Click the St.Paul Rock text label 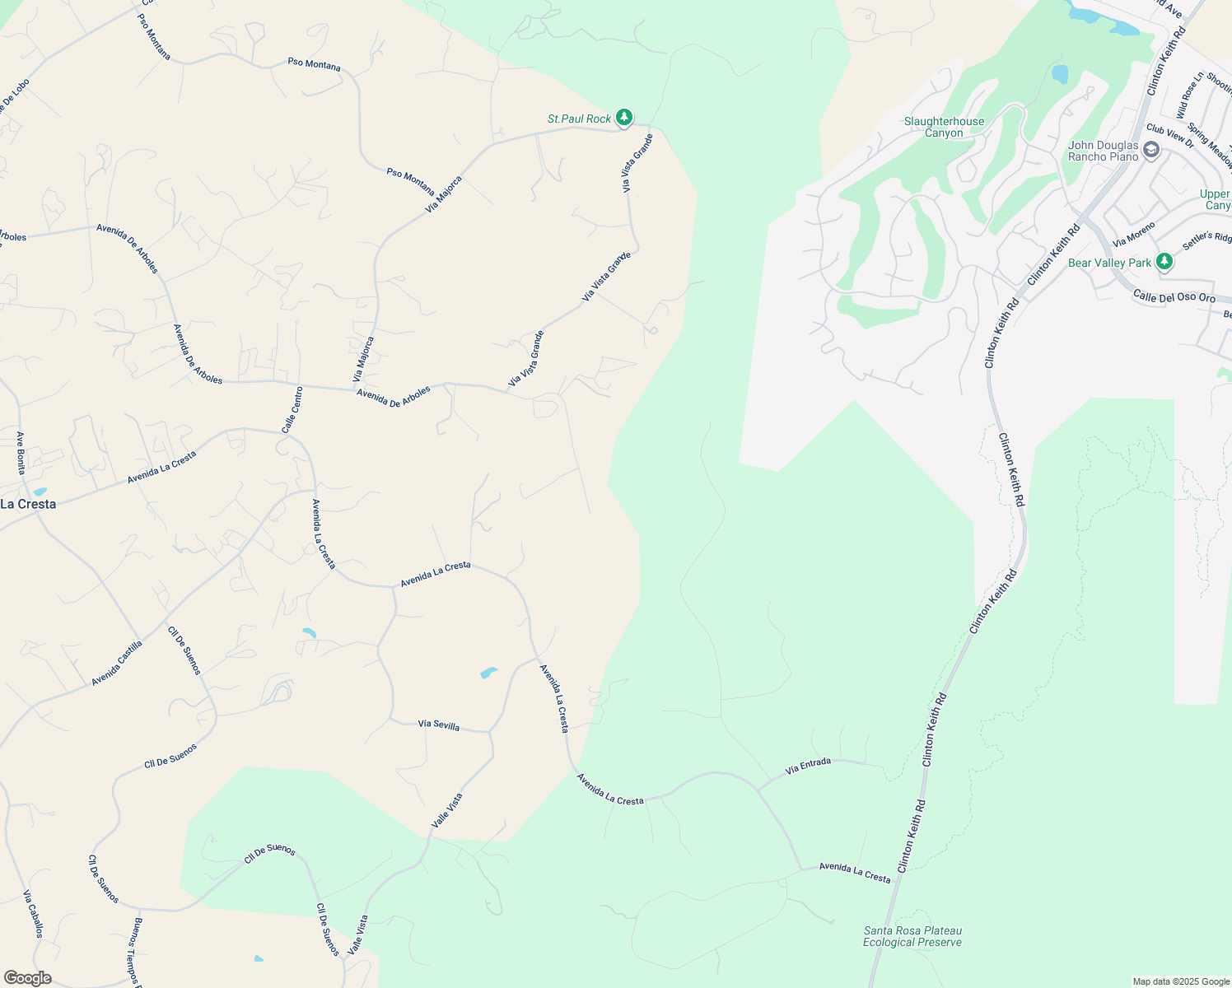pyautogui.click(x=579, y=119)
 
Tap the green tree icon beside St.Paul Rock pyautogui.click(x=624, y=119)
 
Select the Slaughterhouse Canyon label pyautogui.click(x=944, y=128)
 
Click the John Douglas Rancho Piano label pyautogui.click(x=1103, y=151)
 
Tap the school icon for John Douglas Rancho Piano pyautogui.click(x=1151, y=150)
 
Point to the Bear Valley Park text pyautogui.click(x=1109, y=263)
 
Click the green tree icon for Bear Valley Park pyautogui.click(x=1164, y=262)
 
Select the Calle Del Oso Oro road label pyautogui.click(x=1174, y=297)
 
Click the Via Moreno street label pyautogui.click(x=1134, y=235)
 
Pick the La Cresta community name pyautogui.click(x=28, y=504)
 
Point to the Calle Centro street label pyautogui.click(x=292, y=410)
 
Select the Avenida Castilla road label pyautogui.click(x=117, y=664)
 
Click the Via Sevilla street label pyautogui.click(x=439, y=725)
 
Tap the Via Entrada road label pyautogui.click(x=808, y=766)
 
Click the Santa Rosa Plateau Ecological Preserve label pyautogui.click(x=912, y=937)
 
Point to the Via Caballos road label pyautogui.click(x=33, y=914)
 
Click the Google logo pyautogui.click(x=28, y=978)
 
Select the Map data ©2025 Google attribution pyautogui.click(x=1181, y=981)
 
